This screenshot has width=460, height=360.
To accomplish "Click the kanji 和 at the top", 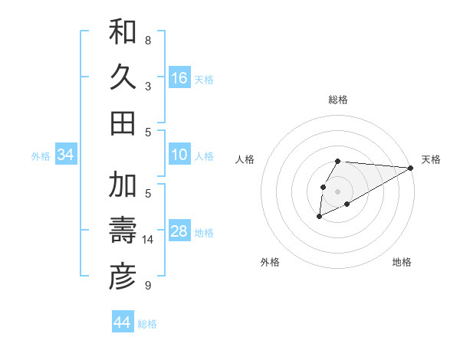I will [x=123, y=31].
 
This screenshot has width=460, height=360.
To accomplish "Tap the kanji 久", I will [x=123, y=77].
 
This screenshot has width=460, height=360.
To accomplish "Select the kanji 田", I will [x=123, y=123].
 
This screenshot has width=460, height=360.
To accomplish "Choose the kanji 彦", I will [x=123, y=277].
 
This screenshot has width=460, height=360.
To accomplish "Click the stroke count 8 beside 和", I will [x=148, y=40].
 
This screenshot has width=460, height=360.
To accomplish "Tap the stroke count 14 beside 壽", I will [x=148, y=240].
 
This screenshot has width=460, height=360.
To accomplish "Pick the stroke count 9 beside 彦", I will [x=148, y=286].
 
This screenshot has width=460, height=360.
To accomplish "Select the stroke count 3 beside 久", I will [x=148, y=86].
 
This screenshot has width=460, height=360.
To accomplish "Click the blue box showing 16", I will [x=179, y=78].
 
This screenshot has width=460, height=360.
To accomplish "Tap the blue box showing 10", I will [x=179, y=155].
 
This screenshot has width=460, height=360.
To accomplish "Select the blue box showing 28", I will [x=179, y=231].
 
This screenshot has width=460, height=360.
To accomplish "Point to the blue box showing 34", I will [x=66, y=155].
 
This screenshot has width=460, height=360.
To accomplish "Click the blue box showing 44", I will [x=123, y=322].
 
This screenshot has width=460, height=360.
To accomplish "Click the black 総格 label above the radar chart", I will [x=338, y=100].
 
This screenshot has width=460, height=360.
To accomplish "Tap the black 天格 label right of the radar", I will [x=431, y=159].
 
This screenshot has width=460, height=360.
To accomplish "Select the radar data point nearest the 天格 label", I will [x=411, y=168].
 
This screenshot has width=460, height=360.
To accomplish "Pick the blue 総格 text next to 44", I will [x=147, y=324].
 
